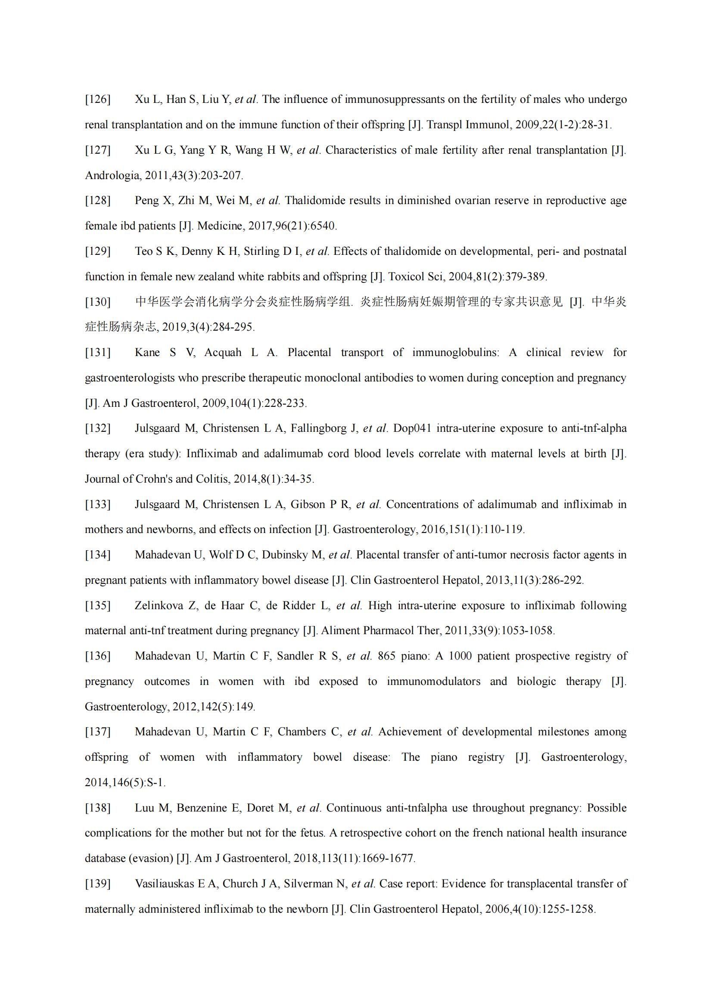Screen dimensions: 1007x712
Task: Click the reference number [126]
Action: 97,99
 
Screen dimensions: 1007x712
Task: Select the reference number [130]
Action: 97,302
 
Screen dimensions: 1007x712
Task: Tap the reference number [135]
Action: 97,606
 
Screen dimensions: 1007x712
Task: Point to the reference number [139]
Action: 97,884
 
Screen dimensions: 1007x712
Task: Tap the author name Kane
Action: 147,353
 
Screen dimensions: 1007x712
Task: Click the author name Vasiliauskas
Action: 164,884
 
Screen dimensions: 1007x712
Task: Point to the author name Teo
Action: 143,251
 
